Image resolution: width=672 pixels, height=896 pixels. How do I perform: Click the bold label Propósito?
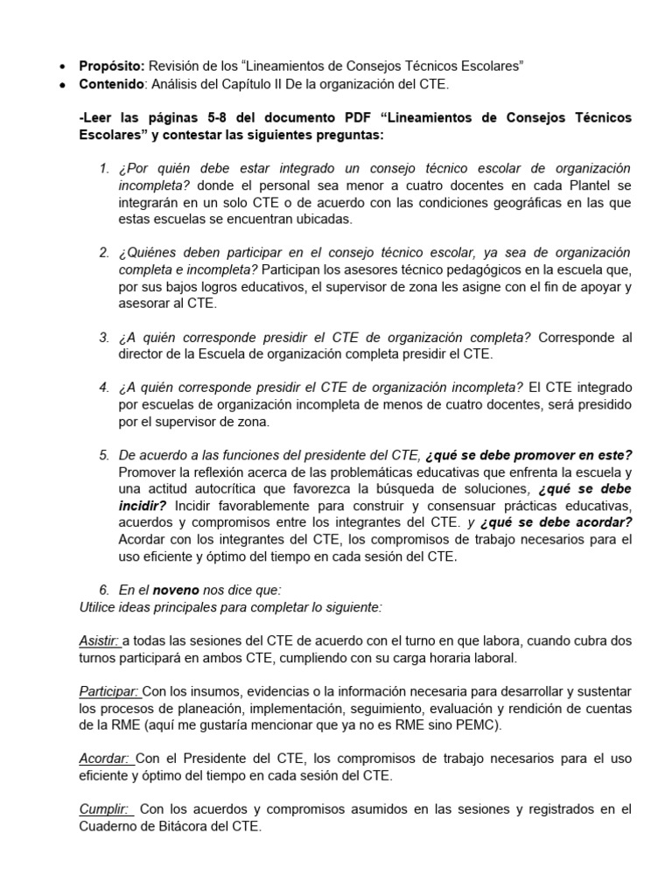(x=112, y=66)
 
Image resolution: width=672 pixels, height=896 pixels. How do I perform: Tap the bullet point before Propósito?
(x=60, y=66)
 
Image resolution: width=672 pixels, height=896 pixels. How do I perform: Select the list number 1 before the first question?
(x=104, y=168)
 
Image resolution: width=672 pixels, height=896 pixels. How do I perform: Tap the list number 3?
(x=104, y=337)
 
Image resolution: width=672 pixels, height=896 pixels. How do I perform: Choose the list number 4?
(x=104, y=388)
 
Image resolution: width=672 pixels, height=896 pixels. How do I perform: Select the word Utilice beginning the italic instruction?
(x=99, y=607)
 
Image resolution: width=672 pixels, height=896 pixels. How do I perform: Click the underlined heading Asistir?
(x=99, y=641)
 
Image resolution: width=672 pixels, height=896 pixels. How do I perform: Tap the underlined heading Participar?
(x=108, y=691)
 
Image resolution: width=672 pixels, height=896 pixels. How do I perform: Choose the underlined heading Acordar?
(x=104, y=759)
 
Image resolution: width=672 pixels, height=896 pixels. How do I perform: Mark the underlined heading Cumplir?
(x=104, y=809)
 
